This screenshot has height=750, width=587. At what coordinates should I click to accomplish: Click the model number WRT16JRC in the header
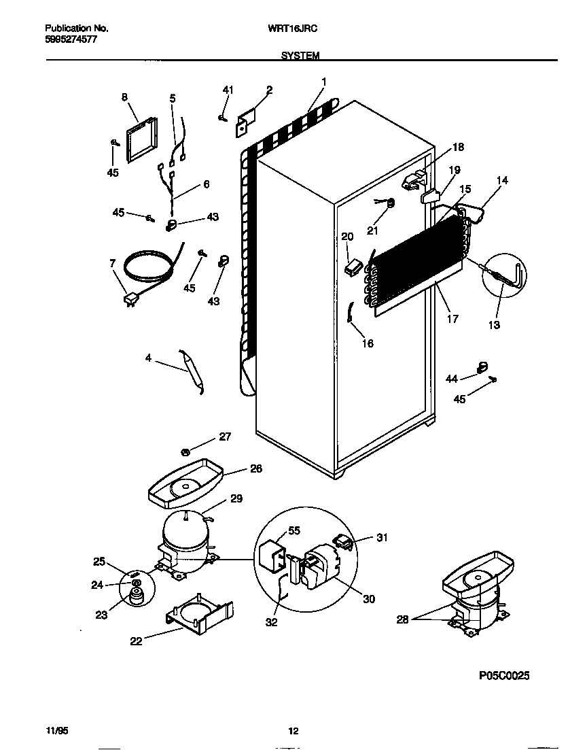[x=299, y=29]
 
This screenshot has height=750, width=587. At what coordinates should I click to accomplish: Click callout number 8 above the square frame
[x=124, y=97]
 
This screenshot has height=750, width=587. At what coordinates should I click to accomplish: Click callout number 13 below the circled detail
[x=494, y=326]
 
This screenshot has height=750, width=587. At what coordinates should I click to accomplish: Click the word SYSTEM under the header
[x=300, y=56]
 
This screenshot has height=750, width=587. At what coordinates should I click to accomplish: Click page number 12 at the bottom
[x=293, y=732]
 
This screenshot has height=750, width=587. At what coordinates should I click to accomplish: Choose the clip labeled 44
[x=483, y=368]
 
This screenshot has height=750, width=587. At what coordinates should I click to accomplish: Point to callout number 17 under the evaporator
[x=453, y=318]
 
